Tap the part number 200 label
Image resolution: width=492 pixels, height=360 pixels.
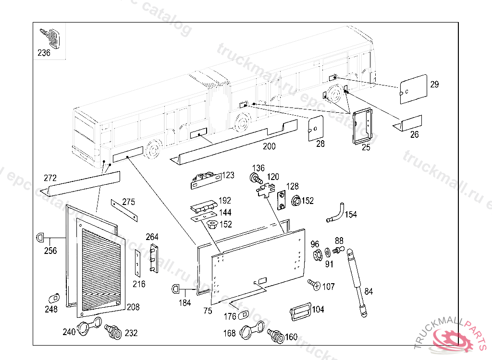(269, 146)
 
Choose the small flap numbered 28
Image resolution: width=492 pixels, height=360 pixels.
(316, 128)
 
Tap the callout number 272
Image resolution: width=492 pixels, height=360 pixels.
(50, 178)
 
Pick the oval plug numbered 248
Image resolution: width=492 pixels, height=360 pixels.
(54, 298)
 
